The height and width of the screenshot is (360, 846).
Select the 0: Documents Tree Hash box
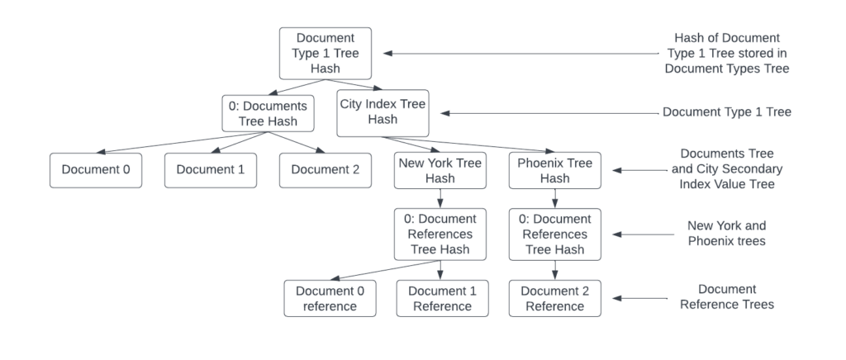269,113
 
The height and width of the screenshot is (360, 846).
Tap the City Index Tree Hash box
383,113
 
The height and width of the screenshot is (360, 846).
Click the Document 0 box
95,170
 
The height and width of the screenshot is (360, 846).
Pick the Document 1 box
210,170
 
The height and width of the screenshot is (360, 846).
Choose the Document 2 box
325,170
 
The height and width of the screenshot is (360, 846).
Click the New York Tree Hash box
439,170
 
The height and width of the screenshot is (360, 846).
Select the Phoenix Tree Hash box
554,170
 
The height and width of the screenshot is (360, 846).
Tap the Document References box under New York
439,234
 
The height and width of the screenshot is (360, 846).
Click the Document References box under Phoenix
554,234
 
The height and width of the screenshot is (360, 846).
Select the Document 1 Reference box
440,298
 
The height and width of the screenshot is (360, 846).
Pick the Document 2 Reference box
554,298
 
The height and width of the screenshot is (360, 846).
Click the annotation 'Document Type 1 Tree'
727,111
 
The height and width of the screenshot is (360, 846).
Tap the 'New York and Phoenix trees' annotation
727,234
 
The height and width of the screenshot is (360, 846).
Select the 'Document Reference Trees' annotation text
727,297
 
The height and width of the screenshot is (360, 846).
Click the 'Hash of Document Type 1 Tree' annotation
727,54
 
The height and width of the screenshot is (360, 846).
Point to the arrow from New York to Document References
439,198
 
